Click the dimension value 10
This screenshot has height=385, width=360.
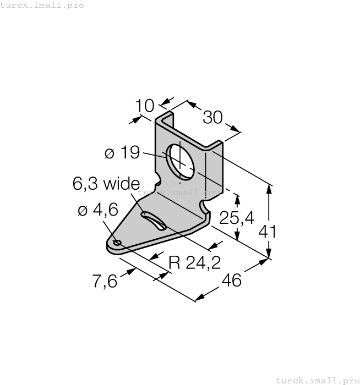[146, 106]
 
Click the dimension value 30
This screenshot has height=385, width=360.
[213, 117]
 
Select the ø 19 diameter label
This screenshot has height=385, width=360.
[122, 152]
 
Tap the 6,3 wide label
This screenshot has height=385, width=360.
[106, 184]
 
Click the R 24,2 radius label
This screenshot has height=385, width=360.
[194, 263]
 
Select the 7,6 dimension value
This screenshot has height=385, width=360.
[105, 281]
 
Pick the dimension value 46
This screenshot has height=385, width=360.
[231, 280]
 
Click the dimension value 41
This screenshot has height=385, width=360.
[268, 231]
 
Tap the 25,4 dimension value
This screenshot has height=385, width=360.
[237, 218]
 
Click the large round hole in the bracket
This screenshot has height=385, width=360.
[182, 162]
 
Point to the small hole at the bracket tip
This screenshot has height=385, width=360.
[117, 243]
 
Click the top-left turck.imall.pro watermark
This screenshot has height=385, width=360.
[42, 5]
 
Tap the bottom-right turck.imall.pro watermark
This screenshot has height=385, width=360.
[317, 380]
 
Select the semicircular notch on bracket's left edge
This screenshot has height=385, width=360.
[158, 179]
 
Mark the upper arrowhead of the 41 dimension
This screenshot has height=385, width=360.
[269, 188]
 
